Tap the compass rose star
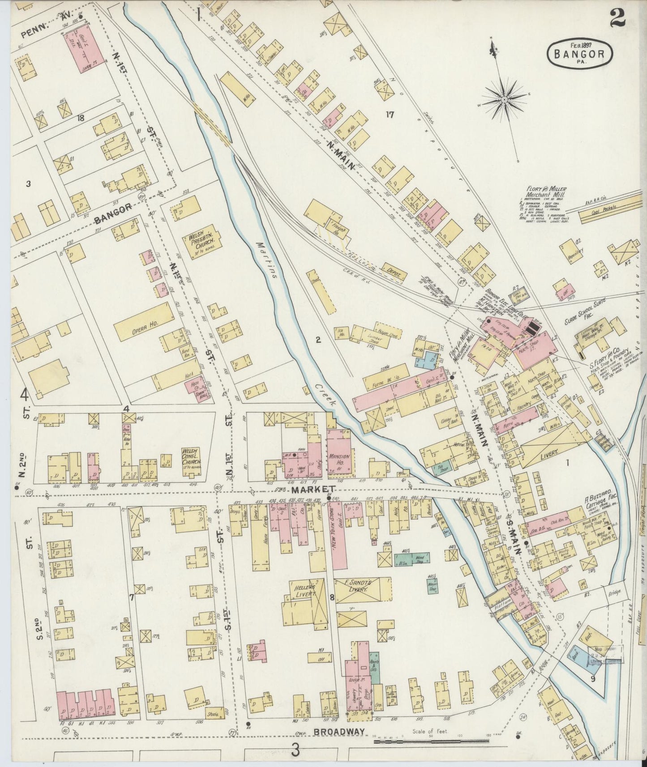click(x=504, y=99)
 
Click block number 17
click(x=389, y=115)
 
